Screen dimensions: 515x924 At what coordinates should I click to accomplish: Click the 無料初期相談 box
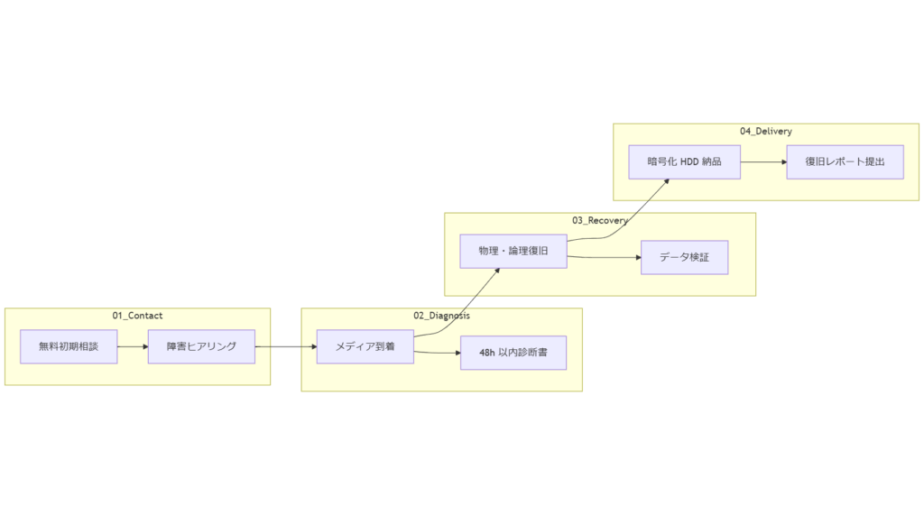coord(69,346)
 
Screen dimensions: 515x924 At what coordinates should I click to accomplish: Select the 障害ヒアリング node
coord(201,346)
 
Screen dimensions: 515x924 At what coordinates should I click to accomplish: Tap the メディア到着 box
coord(365,346)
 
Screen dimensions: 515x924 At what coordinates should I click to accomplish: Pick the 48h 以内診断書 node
coord(513,353)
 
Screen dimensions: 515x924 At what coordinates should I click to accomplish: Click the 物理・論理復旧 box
coord(513,251)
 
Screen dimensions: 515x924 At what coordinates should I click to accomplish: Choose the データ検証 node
coord(683,257)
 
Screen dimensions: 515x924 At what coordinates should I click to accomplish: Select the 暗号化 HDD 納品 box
coord(685,161)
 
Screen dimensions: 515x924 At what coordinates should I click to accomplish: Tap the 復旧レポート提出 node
coord(845,161)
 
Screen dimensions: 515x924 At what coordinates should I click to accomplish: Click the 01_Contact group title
coord(137,316)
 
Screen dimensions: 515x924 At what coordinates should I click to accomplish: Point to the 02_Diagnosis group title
coord(441,316)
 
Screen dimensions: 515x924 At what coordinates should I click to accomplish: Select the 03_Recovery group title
coord(599,220)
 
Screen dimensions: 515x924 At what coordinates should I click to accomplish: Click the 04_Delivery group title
coord(765,131)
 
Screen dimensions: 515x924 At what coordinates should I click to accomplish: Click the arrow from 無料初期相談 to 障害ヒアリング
coord(133,346)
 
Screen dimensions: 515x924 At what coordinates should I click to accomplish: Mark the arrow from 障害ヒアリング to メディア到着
coord(285,346)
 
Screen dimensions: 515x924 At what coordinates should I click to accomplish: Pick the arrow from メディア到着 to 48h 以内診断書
coord(438,352)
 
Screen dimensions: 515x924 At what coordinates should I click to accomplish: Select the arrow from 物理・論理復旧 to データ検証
coord(605,258)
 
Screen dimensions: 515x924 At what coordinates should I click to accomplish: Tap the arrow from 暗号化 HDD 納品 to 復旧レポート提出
coord(763,162)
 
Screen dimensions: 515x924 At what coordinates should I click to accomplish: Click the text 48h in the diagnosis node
coord(488,353)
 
